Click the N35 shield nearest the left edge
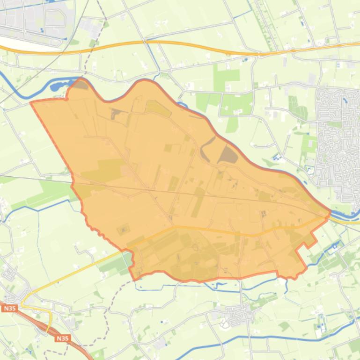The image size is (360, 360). [9, 309]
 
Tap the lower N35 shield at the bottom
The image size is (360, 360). [62, 338]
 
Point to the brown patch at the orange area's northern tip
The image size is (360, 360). [81, 85]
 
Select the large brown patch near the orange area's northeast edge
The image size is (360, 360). [228, 155]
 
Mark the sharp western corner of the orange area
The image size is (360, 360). [31, 102]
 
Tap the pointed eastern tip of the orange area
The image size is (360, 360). [330, 212]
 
